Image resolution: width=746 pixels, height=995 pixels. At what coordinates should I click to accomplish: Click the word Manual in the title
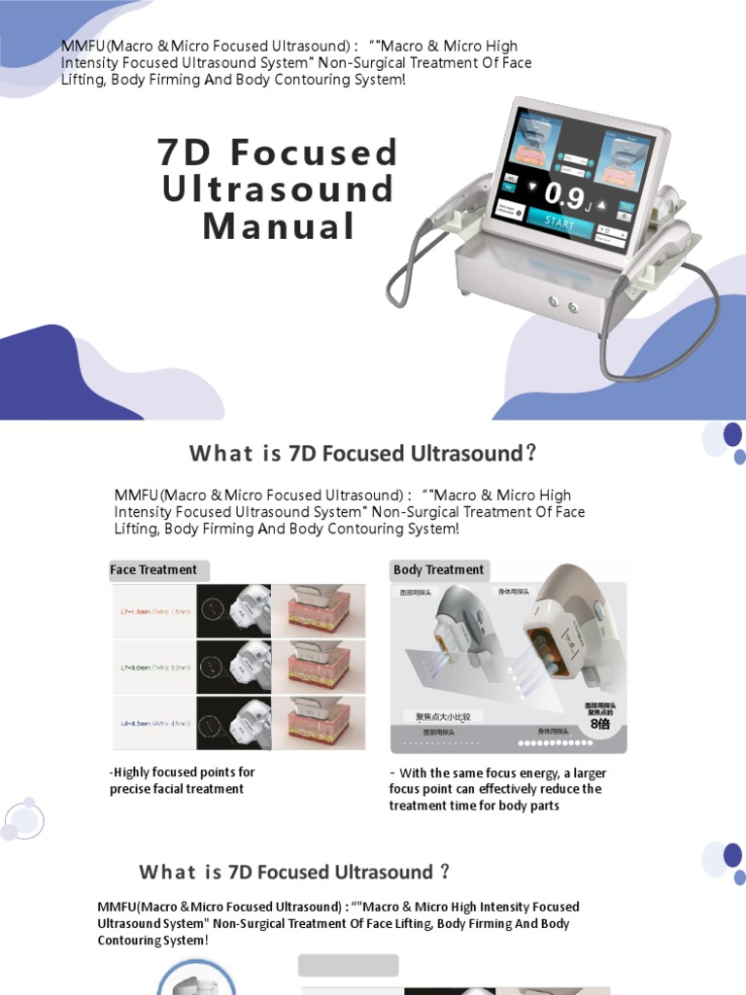pos(279,226)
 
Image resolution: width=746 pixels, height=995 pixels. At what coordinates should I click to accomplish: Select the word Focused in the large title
pos(309,153)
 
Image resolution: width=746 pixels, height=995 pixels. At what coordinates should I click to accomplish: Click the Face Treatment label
pos(153,570)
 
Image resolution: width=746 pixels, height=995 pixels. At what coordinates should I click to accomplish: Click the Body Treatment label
pos(438,570)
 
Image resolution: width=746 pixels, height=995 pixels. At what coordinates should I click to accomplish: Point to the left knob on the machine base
pos(554,300)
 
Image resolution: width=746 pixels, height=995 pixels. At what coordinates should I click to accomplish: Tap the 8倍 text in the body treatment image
pos(601,724)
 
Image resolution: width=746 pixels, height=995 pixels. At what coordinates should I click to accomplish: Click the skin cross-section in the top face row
pos(318,610)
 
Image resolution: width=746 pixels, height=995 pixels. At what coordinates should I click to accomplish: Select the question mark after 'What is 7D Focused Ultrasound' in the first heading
pos(529,454)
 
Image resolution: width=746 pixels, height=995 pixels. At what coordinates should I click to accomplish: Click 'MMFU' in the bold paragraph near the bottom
pos(118,907)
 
